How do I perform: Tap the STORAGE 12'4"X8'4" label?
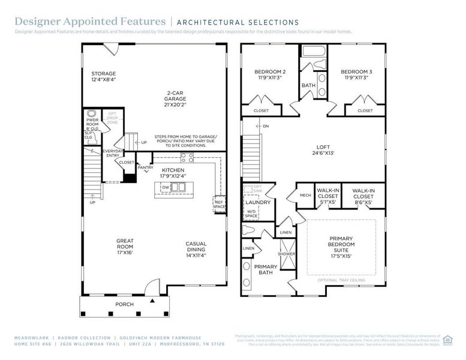tap(103, 77)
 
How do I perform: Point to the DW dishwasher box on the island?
tap(166, 188)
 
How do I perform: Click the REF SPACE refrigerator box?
tap(220, 204)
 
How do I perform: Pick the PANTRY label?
tap(145, 167)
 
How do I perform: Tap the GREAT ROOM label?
tap(125, 244)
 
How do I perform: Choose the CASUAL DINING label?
tap(196, 247)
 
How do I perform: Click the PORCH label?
tap(124, 304)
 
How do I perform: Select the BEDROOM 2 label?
tap(270, 74)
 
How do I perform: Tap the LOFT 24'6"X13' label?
tap(323, 149)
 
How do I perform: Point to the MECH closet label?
tap(305, 195)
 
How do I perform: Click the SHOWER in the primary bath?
tap(287, 254)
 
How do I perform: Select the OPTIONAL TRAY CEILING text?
tap(341, 280)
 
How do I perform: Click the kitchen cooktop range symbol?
tap(187, 158)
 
